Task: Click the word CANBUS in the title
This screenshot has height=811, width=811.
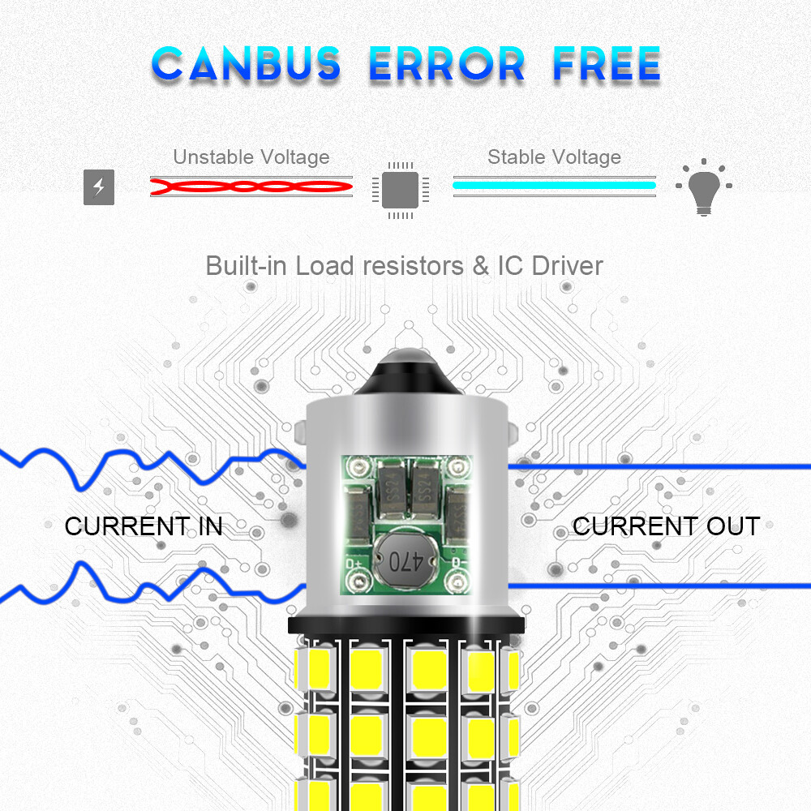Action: tap(247, 64)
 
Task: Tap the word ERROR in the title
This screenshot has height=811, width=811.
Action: tap(447, 64)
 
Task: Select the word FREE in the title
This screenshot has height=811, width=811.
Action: tap(607, 64)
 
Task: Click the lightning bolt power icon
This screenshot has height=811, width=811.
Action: tap(99, 187)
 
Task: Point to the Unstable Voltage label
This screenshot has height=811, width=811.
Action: tap(251, 157)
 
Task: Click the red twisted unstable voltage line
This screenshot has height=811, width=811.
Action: tap(251, 187)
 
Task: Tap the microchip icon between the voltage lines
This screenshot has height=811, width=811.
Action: tap(400, 188)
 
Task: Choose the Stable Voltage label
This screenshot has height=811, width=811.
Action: tap(554, 157)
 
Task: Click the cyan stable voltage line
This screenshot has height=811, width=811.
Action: tap(554, 185)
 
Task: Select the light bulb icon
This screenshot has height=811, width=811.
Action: tap(702, 187)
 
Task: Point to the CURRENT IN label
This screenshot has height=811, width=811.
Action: tap(144, 526)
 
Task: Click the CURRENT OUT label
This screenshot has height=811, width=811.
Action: tap(666, 526)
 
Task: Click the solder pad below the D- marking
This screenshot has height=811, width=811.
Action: tap(457, 581)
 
